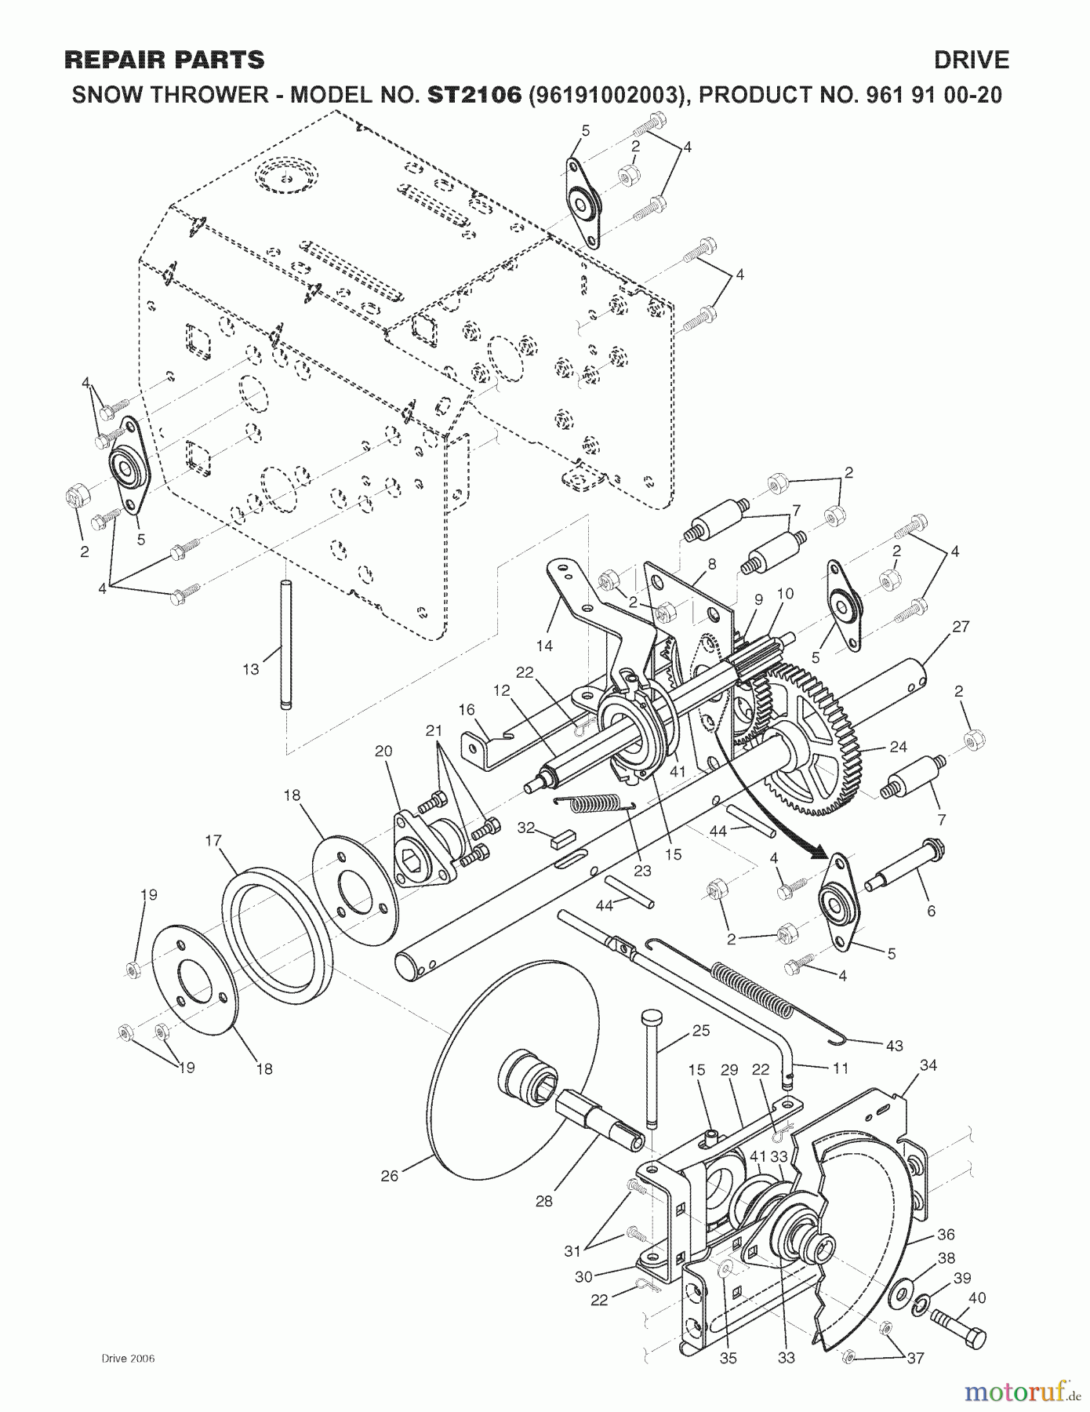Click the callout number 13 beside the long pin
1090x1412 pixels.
tap(250, 669)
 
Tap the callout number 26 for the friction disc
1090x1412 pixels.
tap(390, 1174)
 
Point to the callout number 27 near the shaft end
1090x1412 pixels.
tap(961, 626)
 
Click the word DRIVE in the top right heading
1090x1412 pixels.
tap(971, 60)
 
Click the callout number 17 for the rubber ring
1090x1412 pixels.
tap(213, 840)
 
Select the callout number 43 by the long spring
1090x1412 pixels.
tap(894, 1045)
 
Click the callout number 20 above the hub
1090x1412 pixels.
tap(383, 751)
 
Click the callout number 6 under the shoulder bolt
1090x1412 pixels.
tap(931, 911)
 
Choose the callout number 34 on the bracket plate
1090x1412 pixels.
tap(928, 1064)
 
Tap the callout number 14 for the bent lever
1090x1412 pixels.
tap(544, 645)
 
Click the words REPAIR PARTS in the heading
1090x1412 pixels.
tap(165, 60)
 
